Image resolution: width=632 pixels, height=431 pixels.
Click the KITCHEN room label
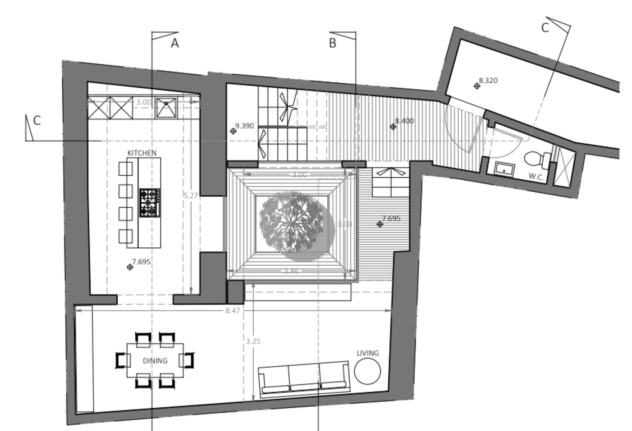coord(142,153)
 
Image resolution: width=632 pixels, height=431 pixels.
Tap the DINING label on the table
coord(155,361)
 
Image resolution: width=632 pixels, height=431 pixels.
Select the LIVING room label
coord(368,353)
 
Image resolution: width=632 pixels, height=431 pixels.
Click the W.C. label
coord(536,176)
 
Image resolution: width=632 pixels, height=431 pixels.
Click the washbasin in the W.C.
coord(505,168)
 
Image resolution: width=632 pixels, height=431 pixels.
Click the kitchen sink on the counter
coord(167,107)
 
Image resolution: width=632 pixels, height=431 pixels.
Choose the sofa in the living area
coord(304,379)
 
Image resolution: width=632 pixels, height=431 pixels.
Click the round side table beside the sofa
coord(368,371)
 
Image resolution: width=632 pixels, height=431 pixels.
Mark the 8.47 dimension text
coord(233,310)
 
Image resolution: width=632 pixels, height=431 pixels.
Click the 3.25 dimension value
coord(253,341)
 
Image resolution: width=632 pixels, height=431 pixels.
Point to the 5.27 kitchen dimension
coord(191,195)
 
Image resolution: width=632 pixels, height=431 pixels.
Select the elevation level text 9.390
coord(244,126)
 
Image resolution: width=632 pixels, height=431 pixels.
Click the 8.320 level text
coord(488,80)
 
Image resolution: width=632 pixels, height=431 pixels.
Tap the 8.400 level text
coord(404,121)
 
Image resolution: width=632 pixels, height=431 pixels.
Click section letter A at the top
coord(175,43)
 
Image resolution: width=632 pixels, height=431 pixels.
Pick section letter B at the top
coord(333,43)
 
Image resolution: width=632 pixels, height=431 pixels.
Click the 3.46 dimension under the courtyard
coord(291,271)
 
